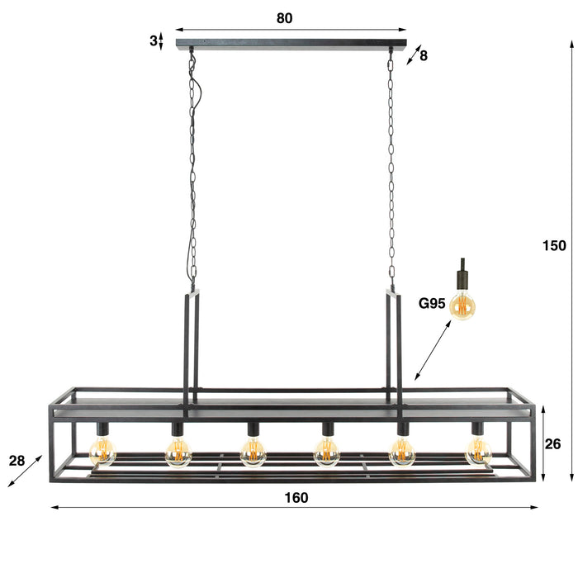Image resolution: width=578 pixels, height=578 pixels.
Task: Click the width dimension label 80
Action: click(285, 18)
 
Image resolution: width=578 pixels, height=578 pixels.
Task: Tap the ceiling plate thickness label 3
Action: click(154, 40)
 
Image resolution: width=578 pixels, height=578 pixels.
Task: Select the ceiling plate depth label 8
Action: click(424, 56)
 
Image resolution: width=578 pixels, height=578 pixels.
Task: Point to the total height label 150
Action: click(554, 245)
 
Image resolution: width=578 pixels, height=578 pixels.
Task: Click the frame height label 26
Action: click(552, 443)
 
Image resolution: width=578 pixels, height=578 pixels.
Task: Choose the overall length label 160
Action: click(296, 497)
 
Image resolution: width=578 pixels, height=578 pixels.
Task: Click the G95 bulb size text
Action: click(432, 304)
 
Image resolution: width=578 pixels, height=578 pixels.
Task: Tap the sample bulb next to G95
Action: click(464, 306)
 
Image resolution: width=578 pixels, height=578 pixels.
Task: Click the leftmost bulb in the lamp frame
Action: click(102, 451)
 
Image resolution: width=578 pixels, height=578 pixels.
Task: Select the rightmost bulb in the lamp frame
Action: click(478, 451)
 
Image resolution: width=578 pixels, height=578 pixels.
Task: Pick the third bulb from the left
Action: click(253, 451)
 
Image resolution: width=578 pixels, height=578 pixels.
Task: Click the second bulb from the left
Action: click(178, 451)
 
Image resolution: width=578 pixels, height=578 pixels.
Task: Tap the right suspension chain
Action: click(391, 165)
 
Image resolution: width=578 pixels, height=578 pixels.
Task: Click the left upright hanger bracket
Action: click(192, 347)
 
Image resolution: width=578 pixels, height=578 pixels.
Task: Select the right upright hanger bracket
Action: click(394, 347)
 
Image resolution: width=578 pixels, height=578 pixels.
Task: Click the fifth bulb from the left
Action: click(403, 451)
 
